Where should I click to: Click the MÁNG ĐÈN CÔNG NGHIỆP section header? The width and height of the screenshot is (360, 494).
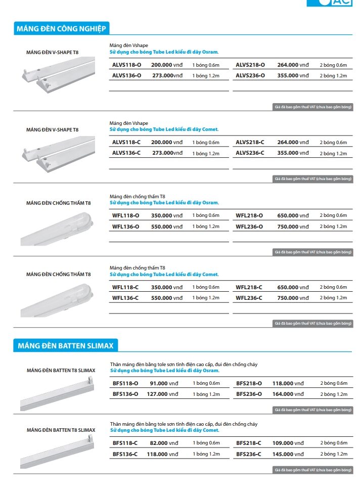click(61, 28)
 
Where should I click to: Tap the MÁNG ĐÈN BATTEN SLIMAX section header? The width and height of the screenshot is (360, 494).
click(65, 346)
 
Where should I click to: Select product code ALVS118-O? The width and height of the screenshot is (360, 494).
click(126, 65)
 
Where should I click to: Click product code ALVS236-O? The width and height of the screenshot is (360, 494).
click(250, 75)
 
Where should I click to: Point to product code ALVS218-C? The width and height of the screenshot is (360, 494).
click(250, 142)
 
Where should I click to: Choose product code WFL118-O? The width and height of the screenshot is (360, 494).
click(125, 215)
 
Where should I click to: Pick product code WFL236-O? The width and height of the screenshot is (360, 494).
click(249, 227)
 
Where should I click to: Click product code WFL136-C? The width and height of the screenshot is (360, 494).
click(125, 298)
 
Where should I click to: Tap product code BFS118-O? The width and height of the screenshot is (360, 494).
click(125, 383)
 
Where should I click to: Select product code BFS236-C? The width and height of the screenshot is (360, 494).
click(249, 454)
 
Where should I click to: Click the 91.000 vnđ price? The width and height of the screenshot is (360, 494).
click(164, 383)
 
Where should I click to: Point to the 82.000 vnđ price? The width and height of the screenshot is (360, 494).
click(164, 443)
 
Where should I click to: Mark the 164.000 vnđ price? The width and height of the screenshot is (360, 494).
click(288, 394)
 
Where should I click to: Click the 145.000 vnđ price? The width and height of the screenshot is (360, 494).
click(288, 454)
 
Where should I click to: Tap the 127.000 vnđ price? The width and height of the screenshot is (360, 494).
click(162, 394)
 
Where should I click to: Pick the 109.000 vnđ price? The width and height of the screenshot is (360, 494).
click(288, 443)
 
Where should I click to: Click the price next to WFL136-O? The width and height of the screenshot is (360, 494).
click(167, 227)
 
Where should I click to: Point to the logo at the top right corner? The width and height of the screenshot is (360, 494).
click(336, 3)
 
